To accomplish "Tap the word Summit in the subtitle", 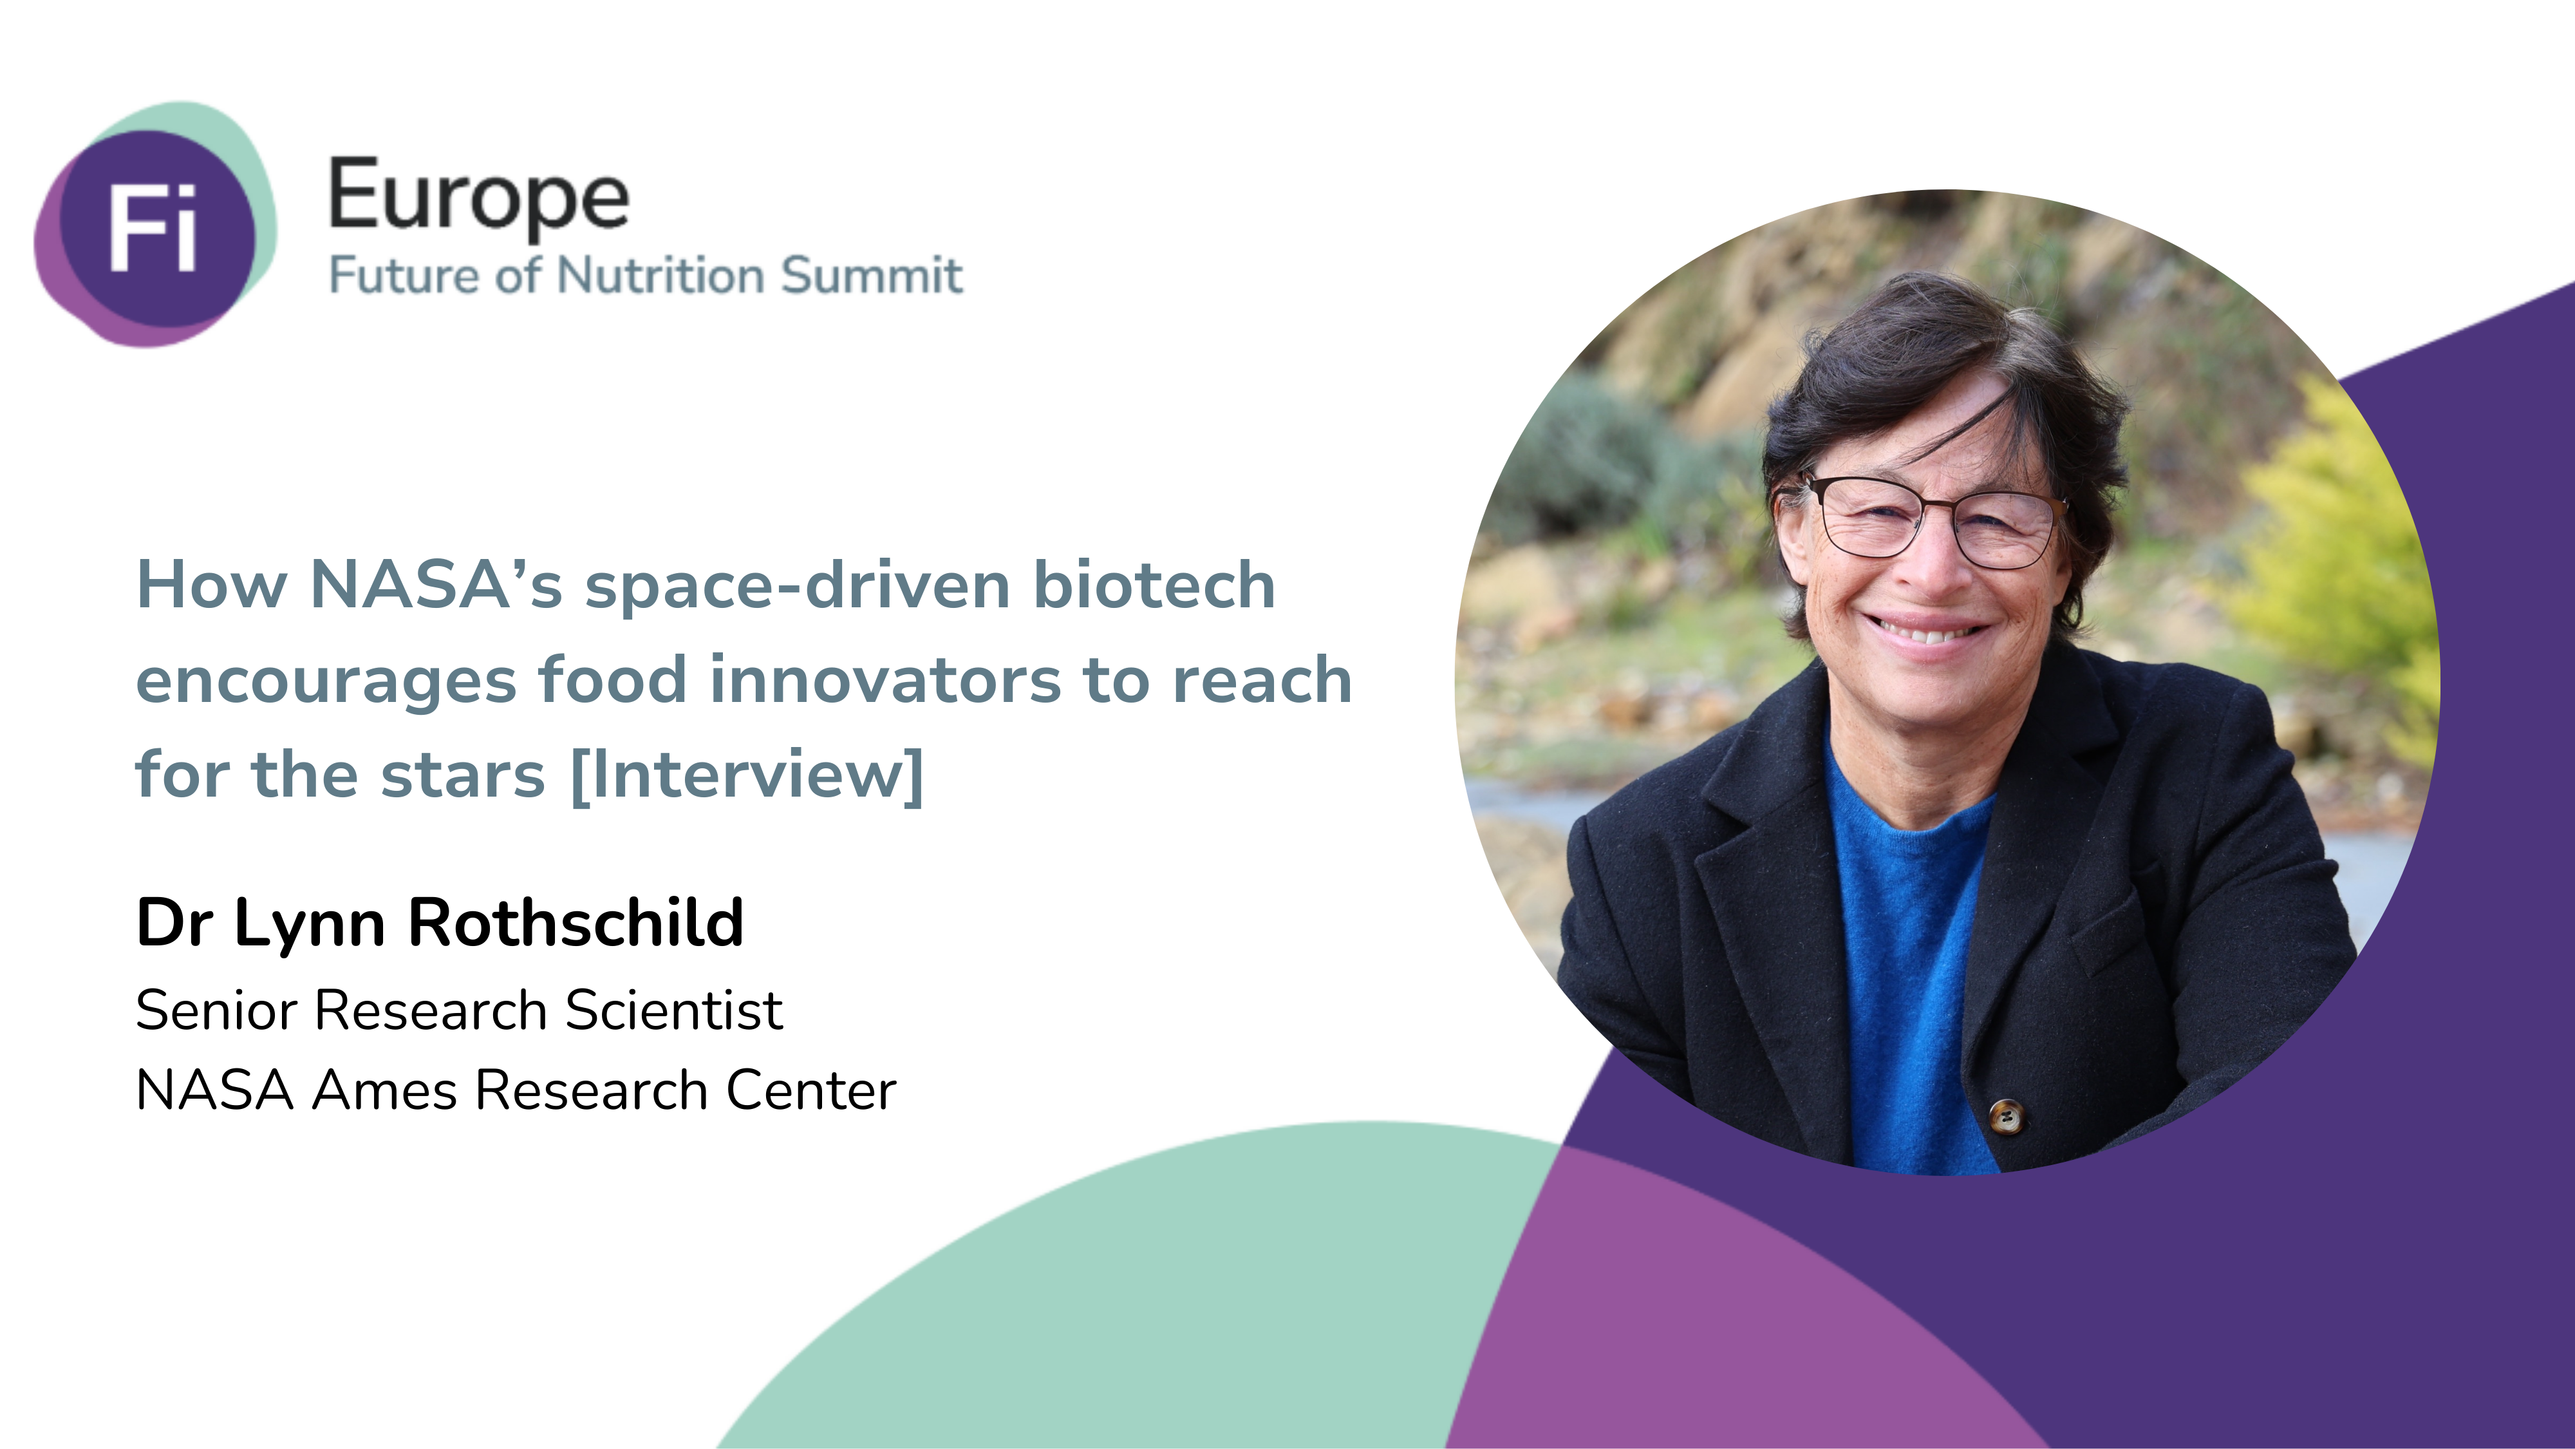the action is [872, 275].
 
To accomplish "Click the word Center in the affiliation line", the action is [810, 1090].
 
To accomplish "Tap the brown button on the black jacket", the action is [2005, 1116].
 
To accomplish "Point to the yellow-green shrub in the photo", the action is [2339, 560].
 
